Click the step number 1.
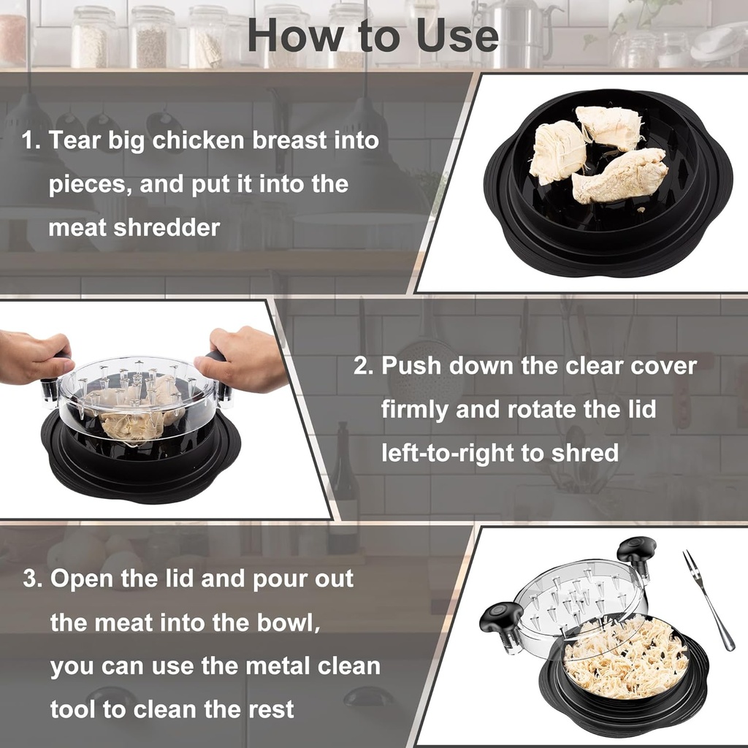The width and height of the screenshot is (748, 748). pyautogui.click(x=30, y=140)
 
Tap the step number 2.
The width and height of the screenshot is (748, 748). pyautogui.click(x=362, y=365)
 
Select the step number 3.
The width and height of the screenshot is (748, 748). pyautogui.click(x=31, y=579)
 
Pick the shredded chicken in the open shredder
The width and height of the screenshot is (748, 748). pyautogui.click(x=625, y=657)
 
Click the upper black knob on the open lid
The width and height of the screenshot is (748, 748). pyautogui.click(x=636, y=550)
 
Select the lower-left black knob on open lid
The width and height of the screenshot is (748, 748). pyautogui.click(x=501, y=618)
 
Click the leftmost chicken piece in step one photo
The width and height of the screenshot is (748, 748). pyautogui.click(x=557, y=151)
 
